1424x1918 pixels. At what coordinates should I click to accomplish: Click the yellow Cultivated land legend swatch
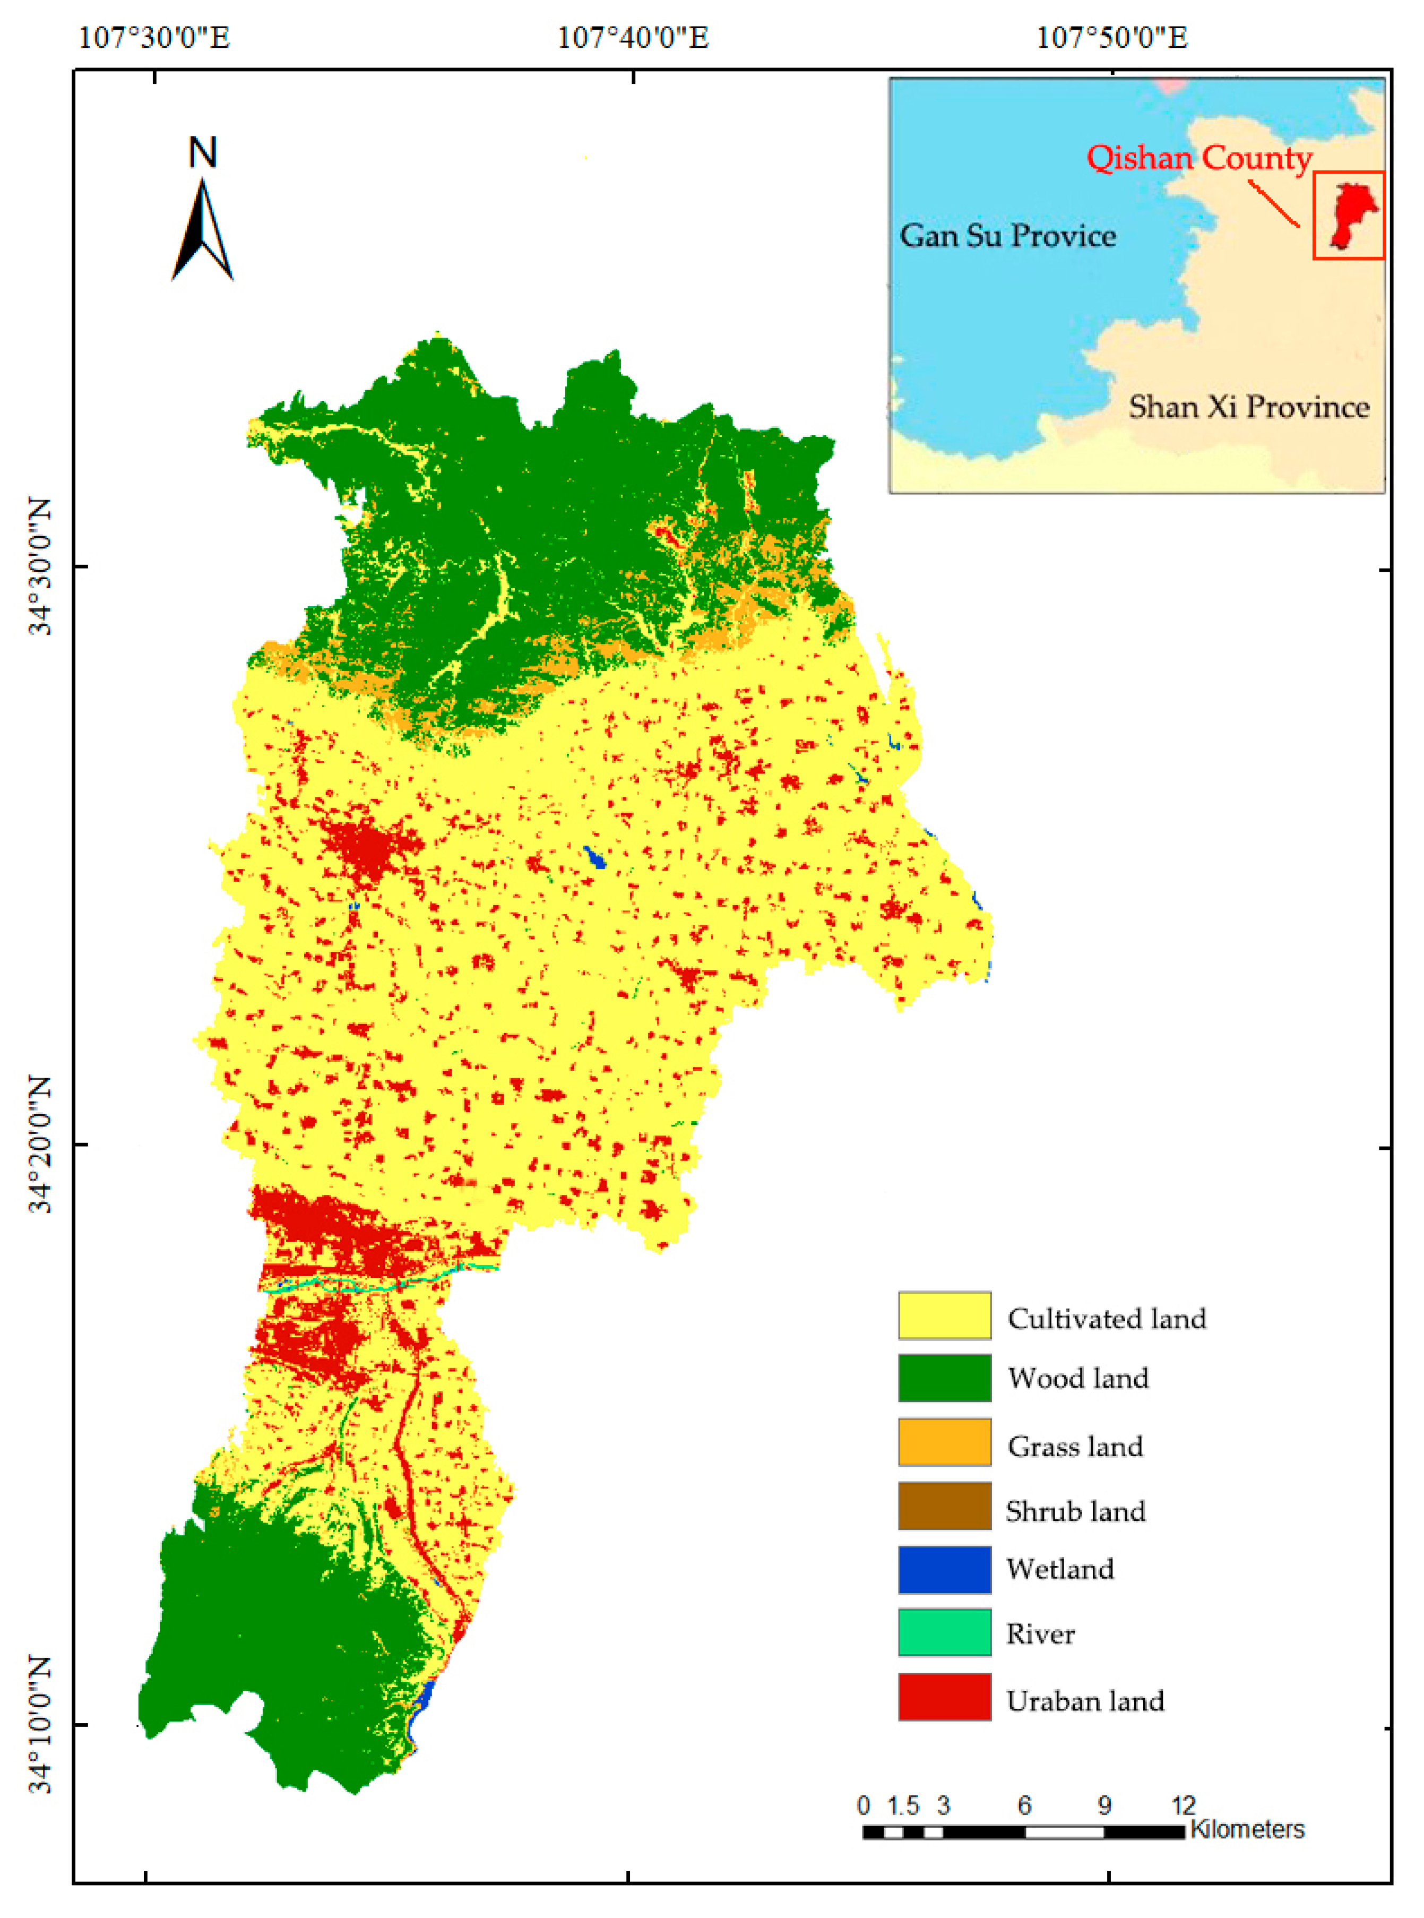click(x=944, y=1315)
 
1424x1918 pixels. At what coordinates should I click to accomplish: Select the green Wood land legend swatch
click(x=944, y=1378)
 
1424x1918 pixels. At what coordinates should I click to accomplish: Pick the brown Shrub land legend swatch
click(x=944, y=1506)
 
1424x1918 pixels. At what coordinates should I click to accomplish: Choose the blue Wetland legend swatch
click(x=944, y=1569)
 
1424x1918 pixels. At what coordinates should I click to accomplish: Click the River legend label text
click(x=1040, y=1633)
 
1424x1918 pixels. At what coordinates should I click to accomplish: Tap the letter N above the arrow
click(x=203, y=152)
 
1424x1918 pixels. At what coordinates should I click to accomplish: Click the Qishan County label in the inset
click(x=1198, y=158)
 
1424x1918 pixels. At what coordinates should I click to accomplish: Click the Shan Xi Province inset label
click(x=1249, y=406)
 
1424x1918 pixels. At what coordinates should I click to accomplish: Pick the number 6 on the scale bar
click(x=1024, y=1805)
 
